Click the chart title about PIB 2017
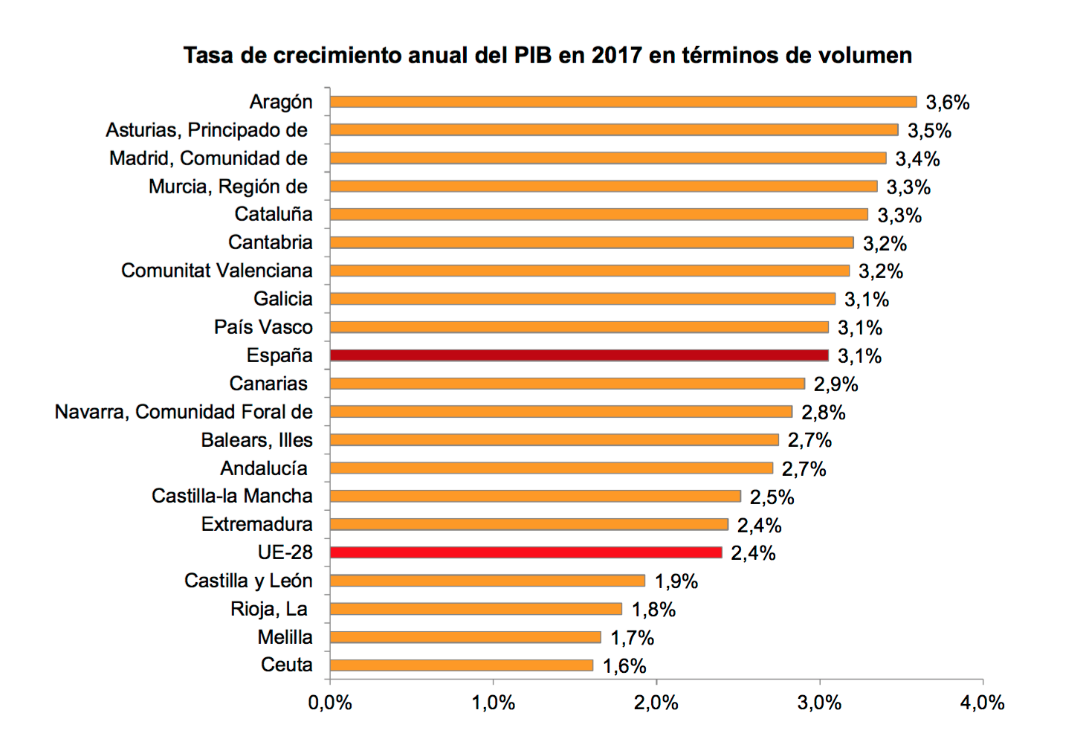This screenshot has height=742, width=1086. pyautogui.click(x=548, y=56)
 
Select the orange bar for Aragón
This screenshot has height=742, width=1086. pyautogui.click(x=623, y=102)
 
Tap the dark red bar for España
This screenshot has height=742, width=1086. pyautogui.click(x=579, y=355)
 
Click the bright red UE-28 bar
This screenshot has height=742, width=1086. pyautogui.click(x=526, y=552)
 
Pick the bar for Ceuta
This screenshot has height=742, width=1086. pyautogui.click(x=461, y=665)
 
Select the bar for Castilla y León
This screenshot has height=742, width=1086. pyautogui.click(x=487, y=581)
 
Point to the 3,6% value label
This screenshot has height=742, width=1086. pyautogui.click(x=947, y=103)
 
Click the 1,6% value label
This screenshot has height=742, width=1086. pyautogui.click(x=624, y=666)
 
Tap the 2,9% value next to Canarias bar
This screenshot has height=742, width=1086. pyautogui.click(x=835, y=384)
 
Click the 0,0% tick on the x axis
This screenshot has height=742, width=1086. pyautogui.click(x=330, y=703)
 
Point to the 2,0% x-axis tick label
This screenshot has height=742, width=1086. pyautogui.click(x=656, y=703)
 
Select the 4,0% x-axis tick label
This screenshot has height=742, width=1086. pyautogui.click(x=982, y=703)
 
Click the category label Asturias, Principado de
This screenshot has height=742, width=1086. pyautogui.click(x=207, y=130)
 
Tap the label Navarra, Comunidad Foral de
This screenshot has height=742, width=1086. pyautogui.click(x=184, y=412)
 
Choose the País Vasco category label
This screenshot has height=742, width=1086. pyautogui.click(x=263, y=327)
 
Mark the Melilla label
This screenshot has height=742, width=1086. pyautogui.click(x=285, y=637)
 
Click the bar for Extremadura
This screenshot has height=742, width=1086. pyautogui.click(x=529, y=524)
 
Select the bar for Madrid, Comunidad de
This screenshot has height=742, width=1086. pyautogui.click(x=607, y=158)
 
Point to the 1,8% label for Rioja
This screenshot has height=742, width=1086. pyautogui.click(x=653, y=610)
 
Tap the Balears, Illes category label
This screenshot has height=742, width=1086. pyautogui.click(x=256, y=440)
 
